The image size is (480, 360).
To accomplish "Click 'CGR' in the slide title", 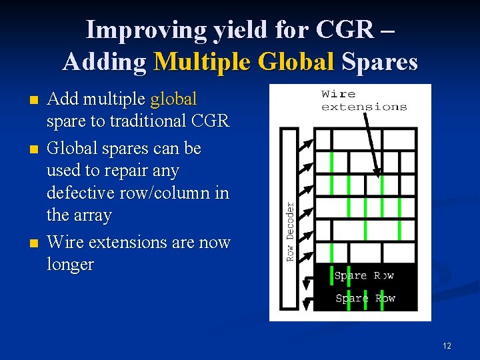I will point(345,30).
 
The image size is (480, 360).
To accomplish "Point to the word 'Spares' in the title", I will point(379,62).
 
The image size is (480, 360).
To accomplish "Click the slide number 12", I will point(447,345).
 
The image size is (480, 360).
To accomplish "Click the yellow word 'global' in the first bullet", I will point(173,99).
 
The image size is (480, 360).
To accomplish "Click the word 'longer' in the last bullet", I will point(70,265).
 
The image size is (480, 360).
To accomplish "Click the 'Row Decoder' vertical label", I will point(290,231).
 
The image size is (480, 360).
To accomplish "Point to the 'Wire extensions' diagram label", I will point(363,100).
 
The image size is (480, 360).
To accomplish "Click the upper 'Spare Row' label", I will point(364,275).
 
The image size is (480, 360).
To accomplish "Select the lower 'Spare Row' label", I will point(365,298).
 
